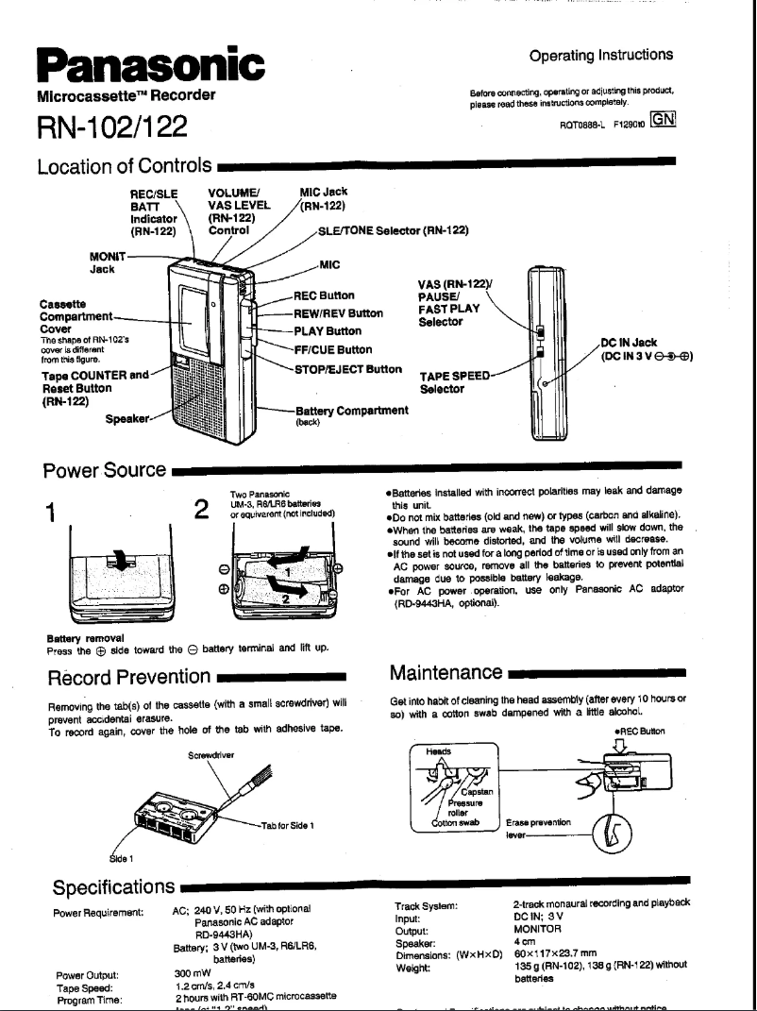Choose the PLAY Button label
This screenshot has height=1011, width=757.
pyautogui.click(x=328, y=331)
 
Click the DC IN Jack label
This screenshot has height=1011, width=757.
pyautogui.click(x=630, y=343)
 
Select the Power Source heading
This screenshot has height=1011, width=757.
pyautogui.click(x=105, y=469)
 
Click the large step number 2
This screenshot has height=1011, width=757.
pyautogui.click(x=200, y=511)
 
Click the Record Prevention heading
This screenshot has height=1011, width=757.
pyautogui.click(x=128, y=676)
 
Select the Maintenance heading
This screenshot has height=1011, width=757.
pyautogui.click(x=445, y=673)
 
